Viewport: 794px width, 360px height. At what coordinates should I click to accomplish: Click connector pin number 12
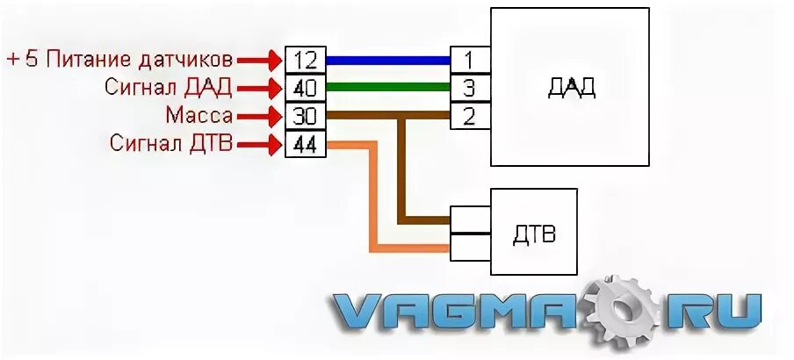tap(305, 61)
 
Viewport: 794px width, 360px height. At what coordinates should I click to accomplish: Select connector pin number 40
tap(305, 88)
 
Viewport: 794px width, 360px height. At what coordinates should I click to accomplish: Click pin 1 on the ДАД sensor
tap(470, 60)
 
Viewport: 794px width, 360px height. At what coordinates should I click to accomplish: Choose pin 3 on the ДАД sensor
tap(470, 88)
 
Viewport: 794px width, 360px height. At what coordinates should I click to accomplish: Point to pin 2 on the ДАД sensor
tap(470, 115)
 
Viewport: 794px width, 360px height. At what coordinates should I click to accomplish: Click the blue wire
tap(387, 60)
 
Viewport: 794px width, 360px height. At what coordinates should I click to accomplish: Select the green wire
tap(387, 88)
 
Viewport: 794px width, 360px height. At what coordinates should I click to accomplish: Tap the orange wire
tap(373, 202)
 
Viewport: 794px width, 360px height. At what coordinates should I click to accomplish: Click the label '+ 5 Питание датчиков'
tap(120, 60)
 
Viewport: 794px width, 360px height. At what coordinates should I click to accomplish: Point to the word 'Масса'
tap(198, 115)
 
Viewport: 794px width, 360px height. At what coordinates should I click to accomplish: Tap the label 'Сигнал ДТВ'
tap(172, 143)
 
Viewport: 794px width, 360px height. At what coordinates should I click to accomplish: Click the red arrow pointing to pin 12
tap(261, 61)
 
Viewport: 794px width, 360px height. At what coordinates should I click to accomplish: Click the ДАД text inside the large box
tap(571, 87)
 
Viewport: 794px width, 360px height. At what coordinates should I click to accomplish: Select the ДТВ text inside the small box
tap(533, 235)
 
